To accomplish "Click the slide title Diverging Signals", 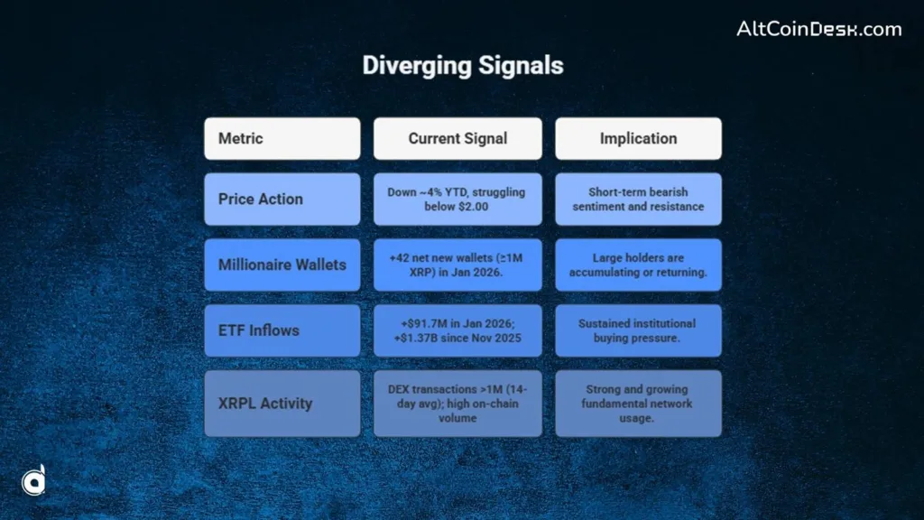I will pos(462,66).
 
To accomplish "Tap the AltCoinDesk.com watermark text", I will pos(818,29).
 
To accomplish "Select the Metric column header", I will pos(282,138).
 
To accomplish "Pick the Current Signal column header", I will pos(457,138).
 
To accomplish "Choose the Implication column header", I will pos(638,138).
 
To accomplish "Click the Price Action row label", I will pos(282,199).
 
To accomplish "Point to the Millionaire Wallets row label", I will pos(282,265).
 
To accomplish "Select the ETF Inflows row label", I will pos(282,330).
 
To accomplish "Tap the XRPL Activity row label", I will pos(282,403).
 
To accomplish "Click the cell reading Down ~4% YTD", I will pos(457,199).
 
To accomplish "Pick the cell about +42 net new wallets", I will pos(457,265).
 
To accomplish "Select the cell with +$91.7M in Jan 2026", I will pos(457,330).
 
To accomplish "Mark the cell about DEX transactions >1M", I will pos(457,403).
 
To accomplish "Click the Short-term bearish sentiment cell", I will pos(638,199).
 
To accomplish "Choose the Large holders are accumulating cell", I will pos(638,265).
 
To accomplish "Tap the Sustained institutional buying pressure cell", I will pos(638,330).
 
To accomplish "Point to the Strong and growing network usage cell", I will pos(638,403).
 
